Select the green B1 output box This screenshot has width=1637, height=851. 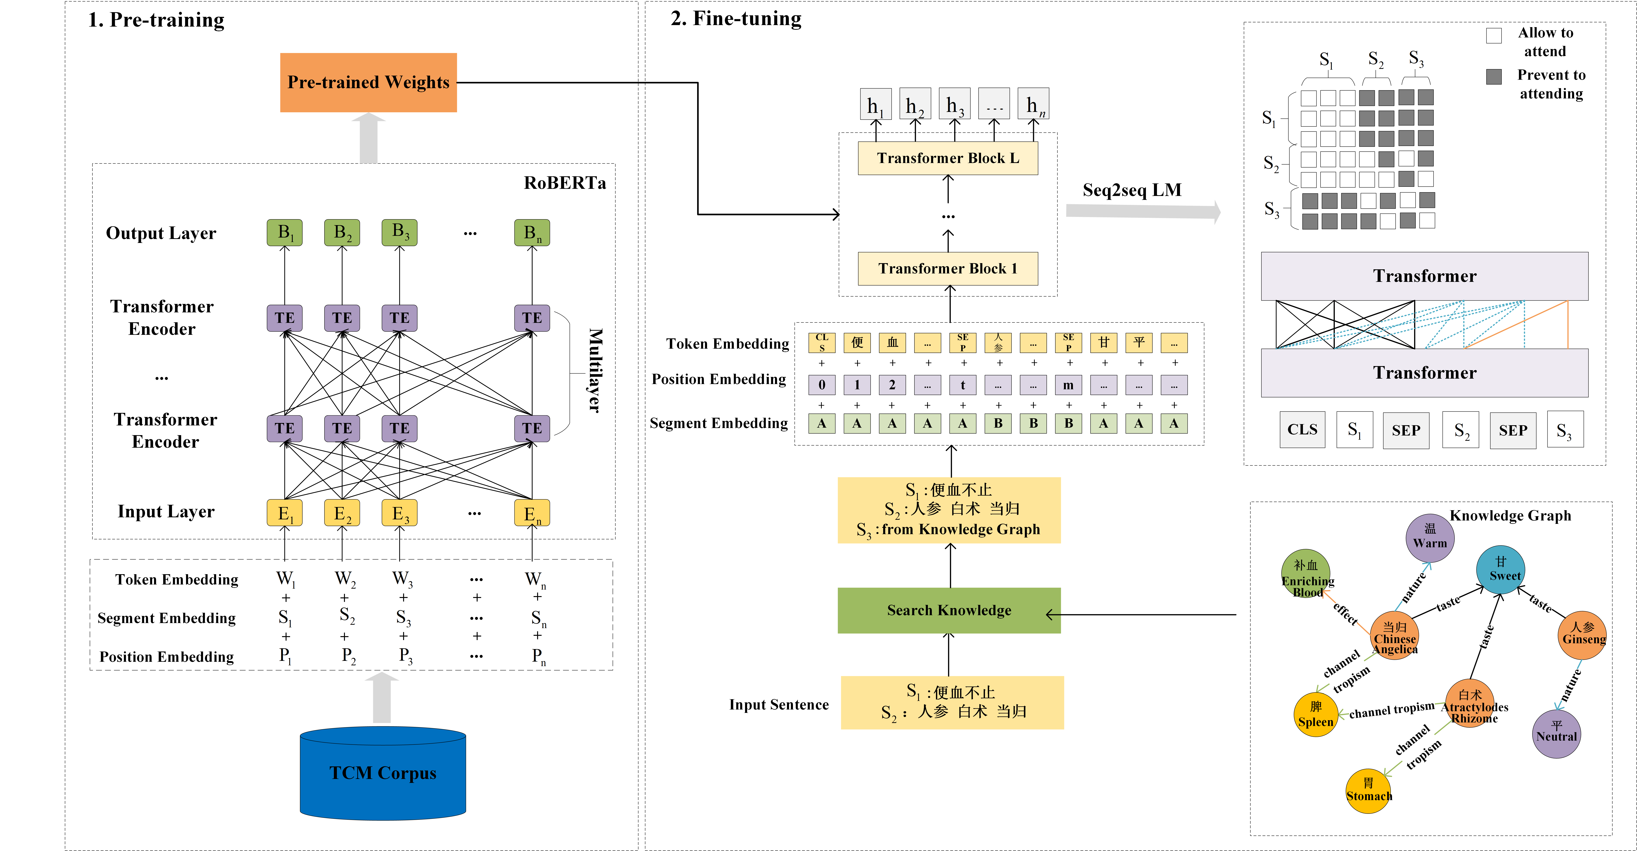[284, 233]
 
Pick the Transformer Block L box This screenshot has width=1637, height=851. [948, 158]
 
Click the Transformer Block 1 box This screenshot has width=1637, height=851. [948, 268]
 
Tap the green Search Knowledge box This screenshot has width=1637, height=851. [949, 610]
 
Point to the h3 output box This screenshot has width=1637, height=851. [954, 104]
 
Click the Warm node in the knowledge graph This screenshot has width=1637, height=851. [1430, 538]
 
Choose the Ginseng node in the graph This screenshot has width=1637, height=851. [1582, 634]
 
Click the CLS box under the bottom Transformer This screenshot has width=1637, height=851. [1302, 430]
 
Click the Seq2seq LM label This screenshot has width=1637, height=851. [1132, 190]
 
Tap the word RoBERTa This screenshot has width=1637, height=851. [564, 183]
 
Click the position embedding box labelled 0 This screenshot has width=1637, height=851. [822, 384]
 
